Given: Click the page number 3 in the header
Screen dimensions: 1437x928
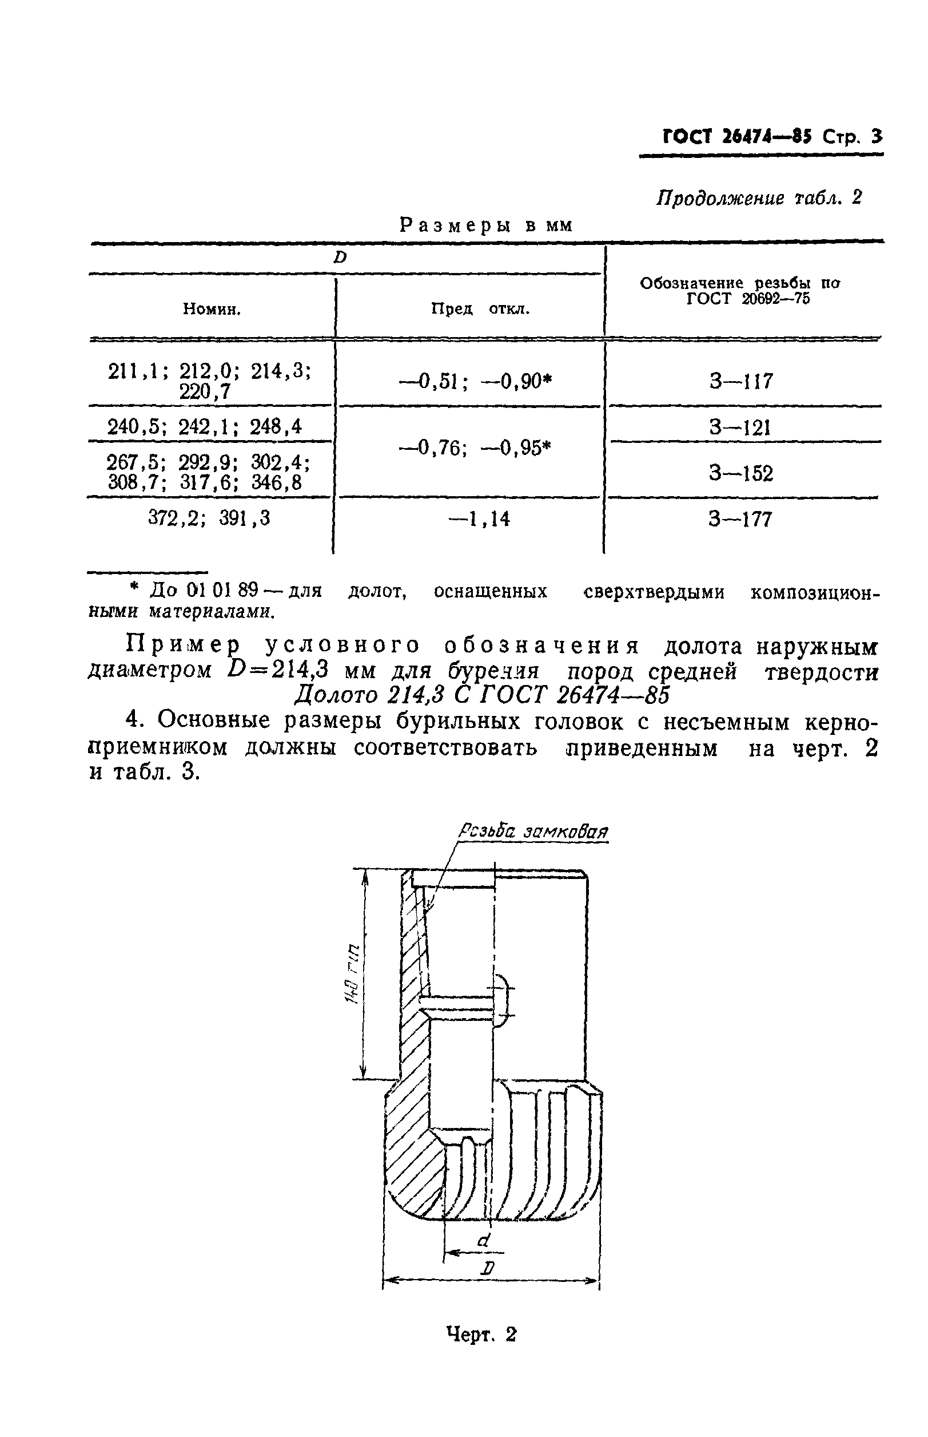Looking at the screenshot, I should point(875,137).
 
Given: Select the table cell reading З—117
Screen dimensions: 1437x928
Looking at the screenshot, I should point(740,381).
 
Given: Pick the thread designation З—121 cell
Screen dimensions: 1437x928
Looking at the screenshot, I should point(740,427).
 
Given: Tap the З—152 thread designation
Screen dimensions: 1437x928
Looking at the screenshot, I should point(740,473).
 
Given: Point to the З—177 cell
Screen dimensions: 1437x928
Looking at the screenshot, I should point(740,519).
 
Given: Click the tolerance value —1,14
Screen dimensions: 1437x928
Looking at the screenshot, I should point(480,518).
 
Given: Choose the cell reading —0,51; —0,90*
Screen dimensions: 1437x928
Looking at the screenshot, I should point(476,381).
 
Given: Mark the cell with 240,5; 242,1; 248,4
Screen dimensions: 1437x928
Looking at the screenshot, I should point(205,427).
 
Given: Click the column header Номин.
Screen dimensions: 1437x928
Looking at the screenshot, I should point(212,310).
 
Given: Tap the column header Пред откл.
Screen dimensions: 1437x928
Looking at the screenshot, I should point(480,310).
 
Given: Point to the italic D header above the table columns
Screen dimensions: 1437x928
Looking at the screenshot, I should point(340,258).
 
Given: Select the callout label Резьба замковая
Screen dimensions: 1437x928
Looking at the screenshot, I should point(533,832).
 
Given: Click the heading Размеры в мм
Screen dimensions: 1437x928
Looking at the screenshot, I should point(485,225).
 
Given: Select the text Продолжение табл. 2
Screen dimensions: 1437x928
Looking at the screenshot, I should point(759,198).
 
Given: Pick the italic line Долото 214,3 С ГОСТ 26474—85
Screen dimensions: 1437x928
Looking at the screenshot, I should point(481,695).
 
